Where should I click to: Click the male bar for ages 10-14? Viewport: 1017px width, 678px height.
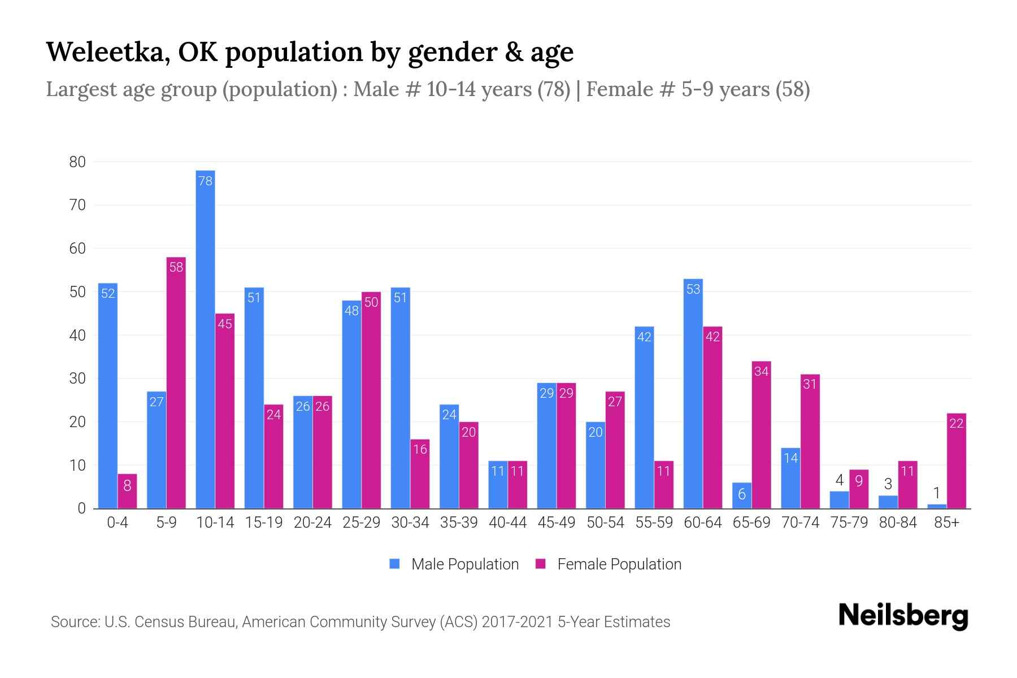pos(205,339)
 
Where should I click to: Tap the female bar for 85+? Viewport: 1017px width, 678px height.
pos(956,461)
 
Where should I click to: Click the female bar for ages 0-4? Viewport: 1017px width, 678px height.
pos(127,491)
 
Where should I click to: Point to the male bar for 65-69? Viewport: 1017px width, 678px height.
pos(742,496)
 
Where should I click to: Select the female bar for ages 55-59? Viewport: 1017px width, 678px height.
pos(664,485)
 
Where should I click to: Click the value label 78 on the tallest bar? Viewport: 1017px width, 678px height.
pos(205,181)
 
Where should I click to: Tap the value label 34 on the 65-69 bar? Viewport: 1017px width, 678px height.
pos(761,372)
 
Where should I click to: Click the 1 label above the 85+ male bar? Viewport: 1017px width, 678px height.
pos(936,493)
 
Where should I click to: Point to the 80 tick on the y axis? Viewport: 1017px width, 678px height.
pos(77,162)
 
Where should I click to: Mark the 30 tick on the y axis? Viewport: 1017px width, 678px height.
pos(77,379)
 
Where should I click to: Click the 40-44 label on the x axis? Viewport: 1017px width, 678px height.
pos(507,523)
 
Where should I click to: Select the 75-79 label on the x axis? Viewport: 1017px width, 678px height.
pos(849,523)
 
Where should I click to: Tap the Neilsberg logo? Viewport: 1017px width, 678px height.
pos(903,616)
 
